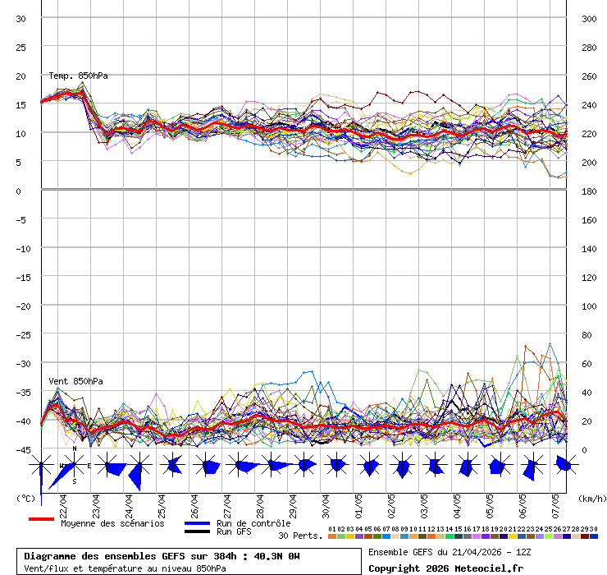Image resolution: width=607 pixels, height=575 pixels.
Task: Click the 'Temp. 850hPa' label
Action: pyautogui.click(x=78, y=76)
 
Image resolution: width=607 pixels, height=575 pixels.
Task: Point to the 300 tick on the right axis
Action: pyautogui.click(x=588, y=19)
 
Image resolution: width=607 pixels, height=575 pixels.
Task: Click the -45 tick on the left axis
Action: pyautogui.click(x=21, y=449)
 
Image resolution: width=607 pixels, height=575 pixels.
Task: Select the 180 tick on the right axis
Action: pyautogui.click(x=588, y=191)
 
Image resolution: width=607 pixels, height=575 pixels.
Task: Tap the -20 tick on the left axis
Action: pyautogui.click(x=21, y=306)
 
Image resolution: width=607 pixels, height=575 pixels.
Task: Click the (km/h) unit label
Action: pyautogui.click(x=591, y=499)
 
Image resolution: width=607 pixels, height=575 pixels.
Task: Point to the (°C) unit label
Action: pyautogui.click(x=25, y=499)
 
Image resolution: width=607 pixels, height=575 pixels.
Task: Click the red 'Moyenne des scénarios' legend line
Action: pyautogui.click(x=41, y=520)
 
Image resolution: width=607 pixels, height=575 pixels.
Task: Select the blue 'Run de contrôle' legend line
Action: pyautogui.click(x=197, y=523)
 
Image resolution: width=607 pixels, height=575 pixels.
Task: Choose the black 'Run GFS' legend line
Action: pyautogui.click(x=197, y=531)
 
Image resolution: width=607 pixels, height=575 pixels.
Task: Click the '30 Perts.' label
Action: pyautogui.click(x=300, y=536)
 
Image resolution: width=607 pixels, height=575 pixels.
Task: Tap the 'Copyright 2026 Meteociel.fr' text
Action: pyautogui.click(x=445, y=568)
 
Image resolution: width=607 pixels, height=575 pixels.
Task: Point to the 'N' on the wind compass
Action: pyautogui.click(x=75, y=449)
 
